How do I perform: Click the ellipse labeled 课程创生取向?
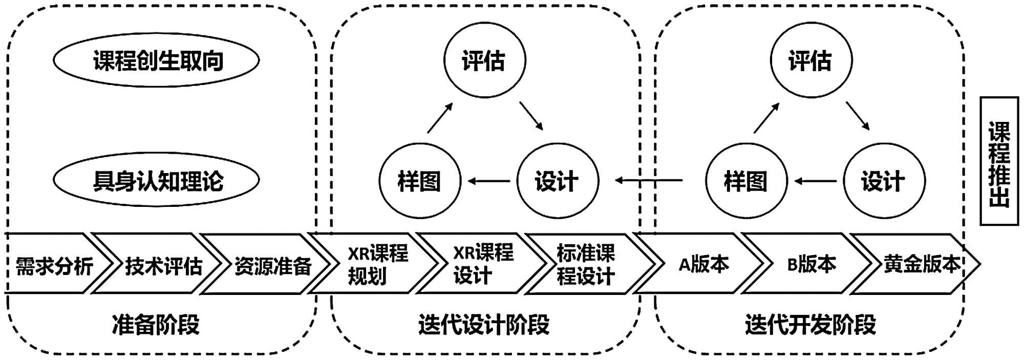click(x=156, y=60)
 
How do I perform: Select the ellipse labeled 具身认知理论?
click(x=156, y=180)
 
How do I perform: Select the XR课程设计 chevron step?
click(x=482, y=264)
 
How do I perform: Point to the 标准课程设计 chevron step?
click(x=586, y=264)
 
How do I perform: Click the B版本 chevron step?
click(x=811, y=264)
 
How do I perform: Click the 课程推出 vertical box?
click(x=999, y=161)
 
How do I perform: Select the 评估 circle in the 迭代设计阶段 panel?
click(x=484, y=60)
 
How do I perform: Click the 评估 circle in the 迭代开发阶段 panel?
click(x=810, y=60)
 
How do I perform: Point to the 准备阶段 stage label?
click(x=156, y=325)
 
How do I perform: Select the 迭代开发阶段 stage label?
click(x=810, y=325)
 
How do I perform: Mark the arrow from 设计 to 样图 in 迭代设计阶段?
click(x=489, y=181)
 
